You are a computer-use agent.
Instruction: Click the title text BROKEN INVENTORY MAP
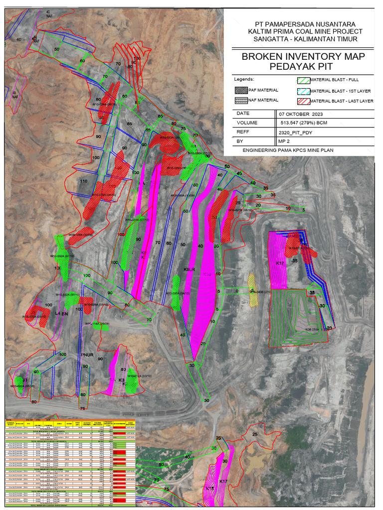[x=303, y=56]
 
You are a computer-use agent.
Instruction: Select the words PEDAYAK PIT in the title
[x=303, y=66]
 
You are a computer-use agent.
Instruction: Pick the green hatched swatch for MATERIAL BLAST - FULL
[x=302, y=80]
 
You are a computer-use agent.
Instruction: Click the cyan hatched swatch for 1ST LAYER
[x=302, y=91]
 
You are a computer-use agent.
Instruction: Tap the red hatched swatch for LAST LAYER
[x=302, y=101]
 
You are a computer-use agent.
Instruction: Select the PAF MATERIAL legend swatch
[x=242, y=91]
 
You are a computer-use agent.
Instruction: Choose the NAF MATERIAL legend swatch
[x=242, y=101]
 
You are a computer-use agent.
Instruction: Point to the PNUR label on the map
[x=87, y=355]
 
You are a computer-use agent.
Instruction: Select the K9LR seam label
[x=189, y=269]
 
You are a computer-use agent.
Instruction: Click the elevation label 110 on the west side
[x=84, y=182]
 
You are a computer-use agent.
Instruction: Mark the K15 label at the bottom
[x=210, y=488]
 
